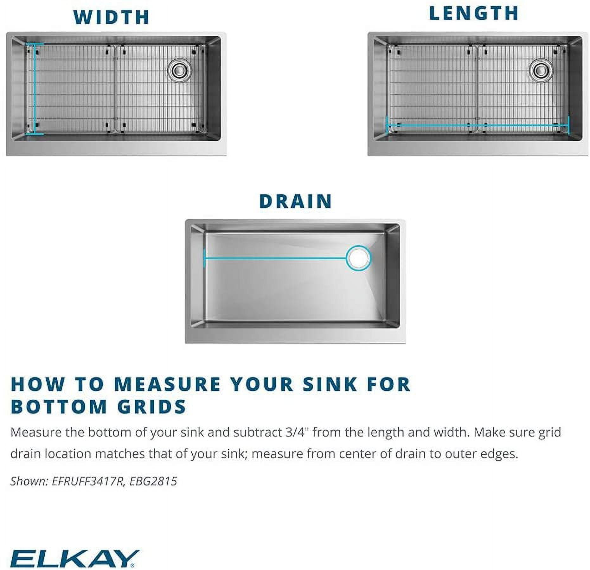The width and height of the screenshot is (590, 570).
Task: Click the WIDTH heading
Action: [x=111, y=17]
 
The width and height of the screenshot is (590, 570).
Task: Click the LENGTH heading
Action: [x=474, y=14]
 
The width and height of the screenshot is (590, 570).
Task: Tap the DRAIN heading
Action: [x=295, y=201]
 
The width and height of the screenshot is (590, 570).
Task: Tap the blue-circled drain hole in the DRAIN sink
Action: [x=358, y=258]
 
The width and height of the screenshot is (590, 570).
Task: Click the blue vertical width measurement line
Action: [x=35, y=89]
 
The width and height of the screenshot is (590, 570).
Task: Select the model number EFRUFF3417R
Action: [x=87, y=481]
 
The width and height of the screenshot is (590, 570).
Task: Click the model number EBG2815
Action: [x=153, y=481]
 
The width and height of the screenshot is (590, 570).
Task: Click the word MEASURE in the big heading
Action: [x=167, y=384]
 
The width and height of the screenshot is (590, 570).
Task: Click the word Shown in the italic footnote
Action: [x=29, y=481]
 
